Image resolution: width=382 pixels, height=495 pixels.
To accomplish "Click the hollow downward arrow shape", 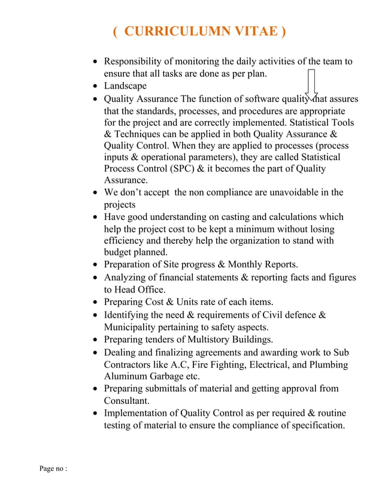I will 311,84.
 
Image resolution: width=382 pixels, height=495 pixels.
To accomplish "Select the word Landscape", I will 125,86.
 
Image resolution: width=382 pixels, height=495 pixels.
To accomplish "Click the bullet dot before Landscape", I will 96,86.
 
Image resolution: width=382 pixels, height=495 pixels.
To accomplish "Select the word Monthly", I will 239,264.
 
